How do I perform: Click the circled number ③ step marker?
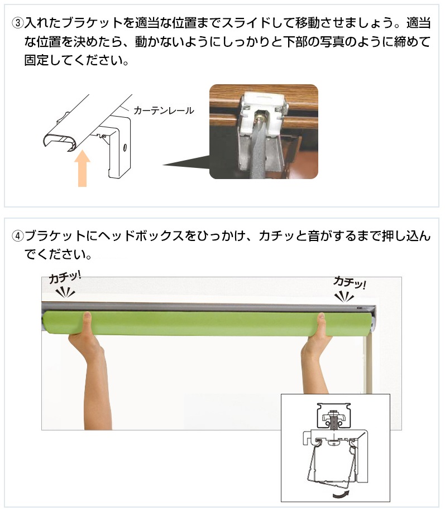tap(18, 23)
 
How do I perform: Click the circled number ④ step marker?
tap(18, 236)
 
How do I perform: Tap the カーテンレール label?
tap(164, 110)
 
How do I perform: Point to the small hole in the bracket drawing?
tap(125, 147)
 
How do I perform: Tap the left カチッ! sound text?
tap(65, 277)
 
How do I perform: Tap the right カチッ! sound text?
tap(350, 283)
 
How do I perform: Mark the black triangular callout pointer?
tap(186, 163)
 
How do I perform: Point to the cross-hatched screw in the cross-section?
tap(333, 421)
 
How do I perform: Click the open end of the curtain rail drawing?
tap(60, 141)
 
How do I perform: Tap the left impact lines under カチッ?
tap(65, 292)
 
